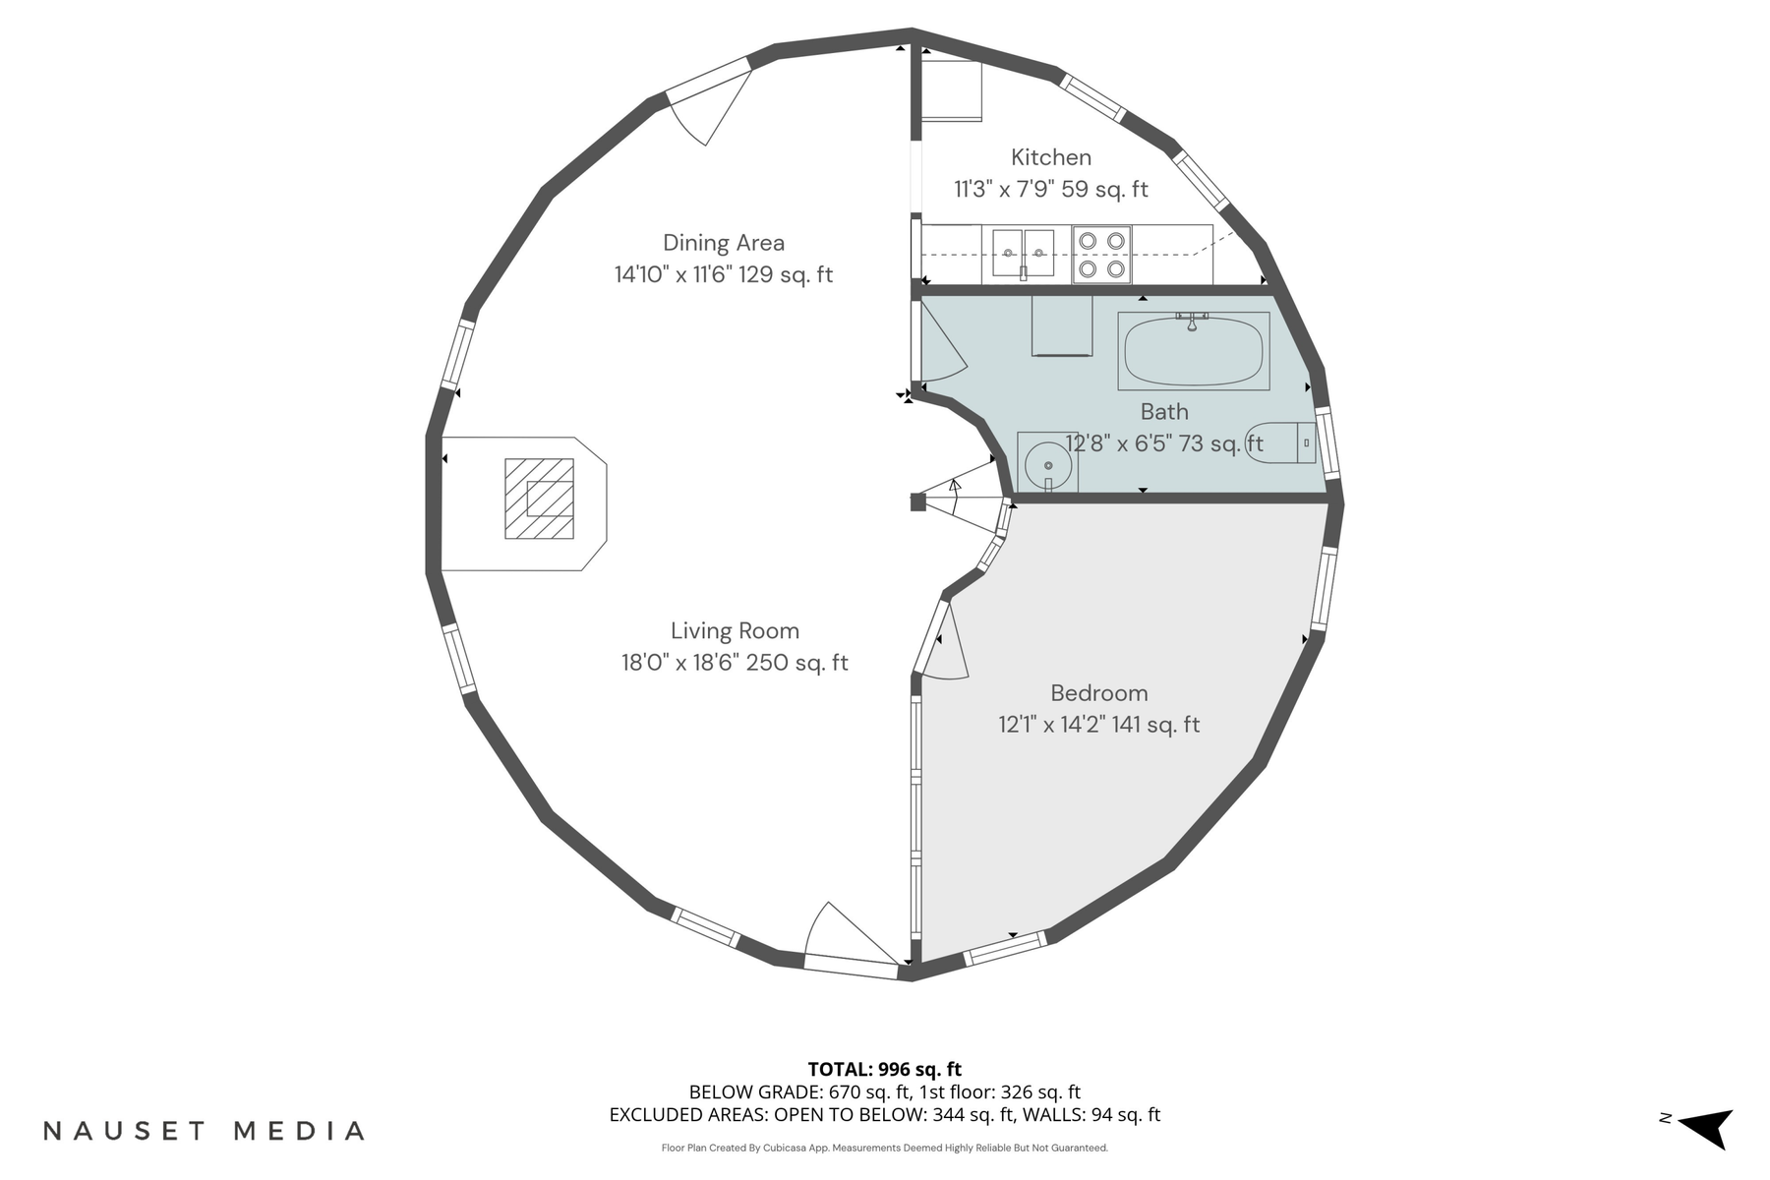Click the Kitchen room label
click(x=1050, y=157)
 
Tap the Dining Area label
click(x=723, y=243)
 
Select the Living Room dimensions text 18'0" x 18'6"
click(x=680, y=663)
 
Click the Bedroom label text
click(x=1098, y=693)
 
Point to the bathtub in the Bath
click(x=1193, y=351)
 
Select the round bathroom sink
click(x=1048, y=464)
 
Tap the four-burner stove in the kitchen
click(x=1101, y=254)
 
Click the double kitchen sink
click(x=1023, y=253)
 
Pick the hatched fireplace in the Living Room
click(x=539, y=499)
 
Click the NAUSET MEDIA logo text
click(x=204, y=1131)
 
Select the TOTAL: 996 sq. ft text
click(x=884, y=1069)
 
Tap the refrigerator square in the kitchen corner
click(x=951, y=90)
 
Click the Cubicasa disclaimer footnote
click(x=884, y=1148)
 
